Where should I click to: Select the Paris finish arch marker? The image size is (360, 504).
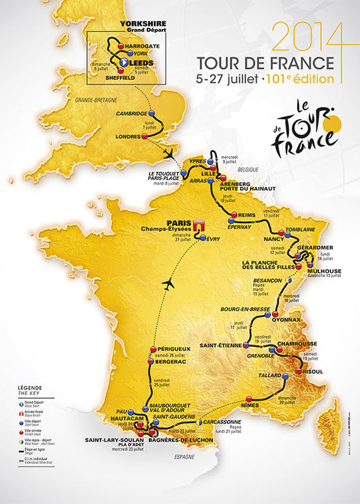pyautogui.click(x=200, y=226)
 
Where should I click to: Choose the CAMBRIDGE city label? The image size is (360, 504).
pyautogui.click(x=133, y=113)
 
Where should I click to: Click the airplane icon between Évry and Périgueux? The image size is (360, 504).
pyautogui.click(x=168, y=285)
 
